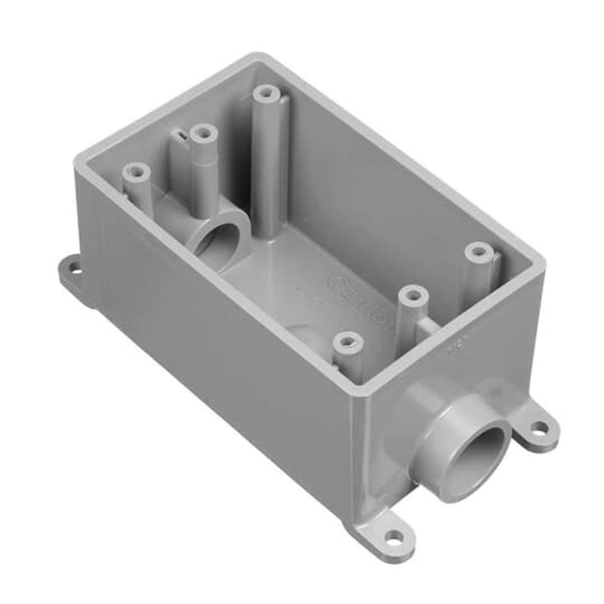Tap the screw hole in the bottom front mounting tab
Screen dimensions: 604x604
394,538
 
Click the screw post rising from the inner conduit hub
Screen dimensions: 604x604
202,134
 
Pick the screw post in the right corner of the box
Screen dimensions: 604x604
477,251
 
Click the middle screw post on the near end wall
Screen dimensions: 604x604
411,294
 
